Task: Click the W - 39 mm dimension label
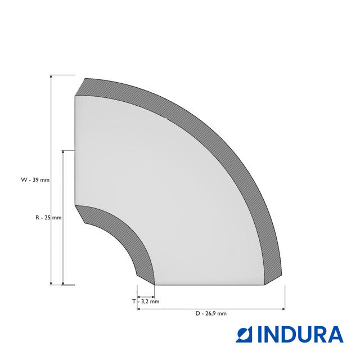pos(35,180)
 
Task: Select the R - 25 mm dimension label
pos(48,218)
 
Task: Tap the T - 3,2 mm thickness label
pos(146,301)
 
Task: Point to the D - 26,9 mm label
pos(211,313)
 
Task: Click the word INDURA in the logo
pos(300,334)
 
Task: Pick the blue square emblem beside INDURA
pos(244,334)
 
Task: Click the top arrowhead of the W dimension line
pos(51,76)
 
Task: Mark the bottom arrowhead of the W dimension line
pos(51,283)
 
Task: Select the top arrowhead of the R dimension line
pos(63,152)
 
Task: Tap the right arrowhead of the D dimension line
pos(283,309)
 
